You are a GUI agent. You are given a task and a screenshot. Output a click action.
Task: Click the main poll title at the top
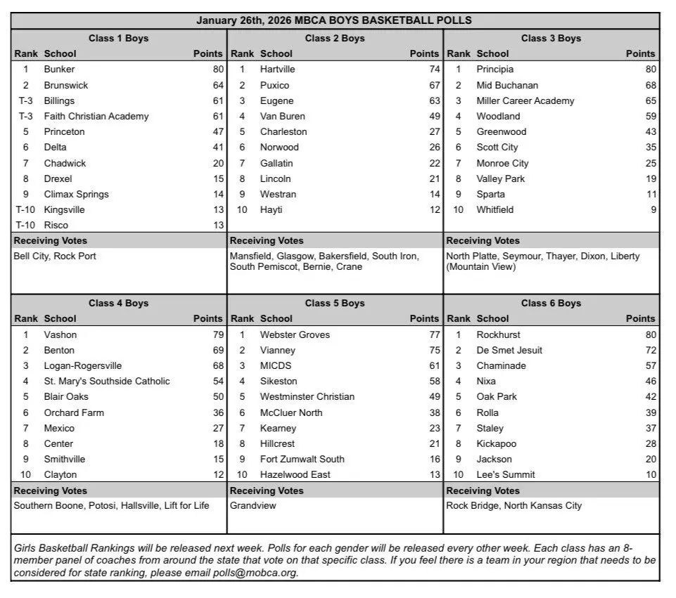click(x=334, y=20)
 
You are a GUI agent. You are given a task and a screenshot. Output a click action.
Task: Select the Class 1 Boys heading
click(x=118, y=38)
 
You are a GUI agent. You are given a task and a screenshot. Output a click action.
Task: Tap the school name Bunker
click(x=59, y=70)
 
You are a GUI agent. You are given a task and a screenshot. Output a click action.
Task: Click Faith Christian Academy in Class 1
click(x=96, y=116)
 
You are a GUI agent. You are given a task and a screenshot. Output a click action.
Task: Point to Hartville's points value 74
click(x=434, y=70)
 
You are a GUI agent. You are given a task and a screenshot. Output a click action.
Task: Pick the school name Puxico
click(x=274, y=85)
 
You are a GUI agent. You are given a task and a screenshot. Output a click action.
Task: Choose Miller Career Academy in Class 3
click(x=525, y=100)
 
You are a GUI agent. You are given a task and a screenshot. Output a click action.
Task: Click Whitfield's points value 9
click(x=653, y=209)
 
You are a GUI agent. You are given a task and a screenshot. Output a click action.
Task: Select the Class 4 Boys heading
click(x=118, y=303)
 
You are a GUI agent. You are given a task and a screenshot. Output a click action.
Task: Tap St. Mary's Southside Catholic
click(x=107, y=381)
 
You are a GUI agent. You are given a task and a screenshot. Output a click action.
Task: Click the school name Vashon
click(x=60, y=334)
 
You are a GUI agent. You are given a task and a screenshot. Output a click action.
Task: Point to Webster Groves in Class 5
click(x=295, y=334)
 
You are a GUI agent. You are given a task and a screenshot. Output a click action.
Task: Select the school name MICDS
click(x=276, y=365)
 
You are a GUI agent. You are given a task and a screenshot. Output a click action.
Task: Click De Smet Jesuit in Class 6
click(x=509, y=350)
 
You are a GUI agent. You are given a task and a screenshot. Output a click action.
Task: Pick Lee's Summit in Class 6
click(x=506, y=474)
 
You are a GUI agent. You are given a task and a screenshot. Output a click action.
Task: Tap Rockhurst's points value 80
click(x=651, y=334)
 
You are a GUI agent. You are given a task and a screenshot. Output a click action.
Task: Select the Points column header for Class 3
click(x=640, y=53)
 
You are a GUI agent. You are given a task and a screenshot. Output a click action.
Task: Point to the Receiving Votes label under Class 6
click(x=483, y=490)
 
